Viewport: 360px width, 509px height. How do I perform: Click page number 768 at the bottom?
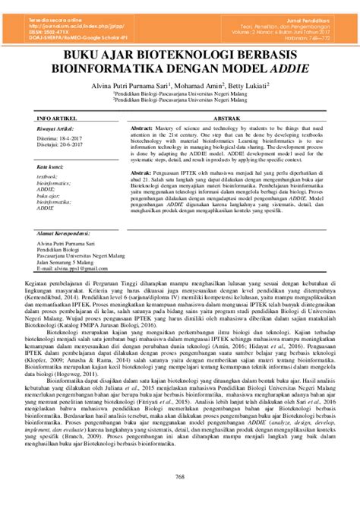[180, 476]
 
